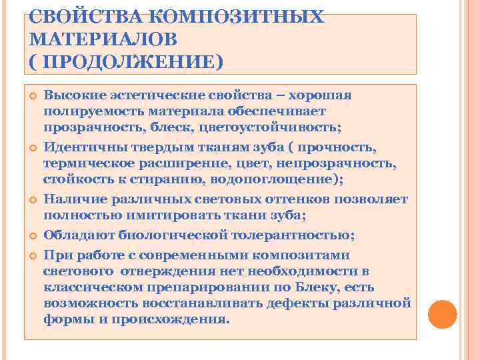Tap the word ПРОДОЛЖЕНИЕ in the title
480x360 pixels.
128,62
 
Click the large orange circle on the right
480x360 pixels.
442,313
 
